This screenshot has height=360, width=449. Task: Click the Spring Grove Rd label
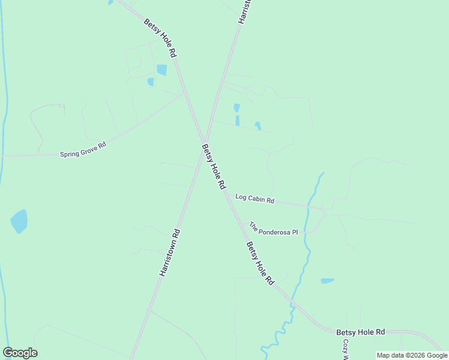[x=83, y=149]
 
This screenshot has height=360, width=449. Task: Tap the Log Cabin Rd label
[x=255, y=199]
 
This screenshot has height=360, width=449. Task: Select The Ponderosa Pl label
[x=274, y=229]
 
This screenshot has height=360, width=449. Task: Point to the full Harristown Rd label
[x=170, y=252]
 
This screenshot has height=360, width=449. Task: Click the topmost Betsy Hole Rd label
[x=160, y=38]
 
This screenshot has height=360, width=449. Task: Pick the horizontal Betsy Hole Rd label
[x=360, y=332]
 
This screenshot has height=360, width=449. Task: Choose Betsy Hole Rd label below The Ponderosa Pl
[x=259, y=263]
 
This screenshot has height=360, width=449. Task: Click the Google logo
[x=20, y=353]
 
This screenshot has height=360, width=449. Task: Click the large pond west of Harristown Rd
[x=19, y=221]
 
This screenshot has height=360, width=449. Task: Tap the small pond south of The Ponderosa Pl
[x=327, y=280]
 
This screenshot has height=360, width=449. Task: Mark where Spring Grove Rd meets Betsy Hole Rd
[x=184, y=94]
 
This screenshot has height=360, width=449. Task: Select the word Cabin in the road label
[x=255, y=199]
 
